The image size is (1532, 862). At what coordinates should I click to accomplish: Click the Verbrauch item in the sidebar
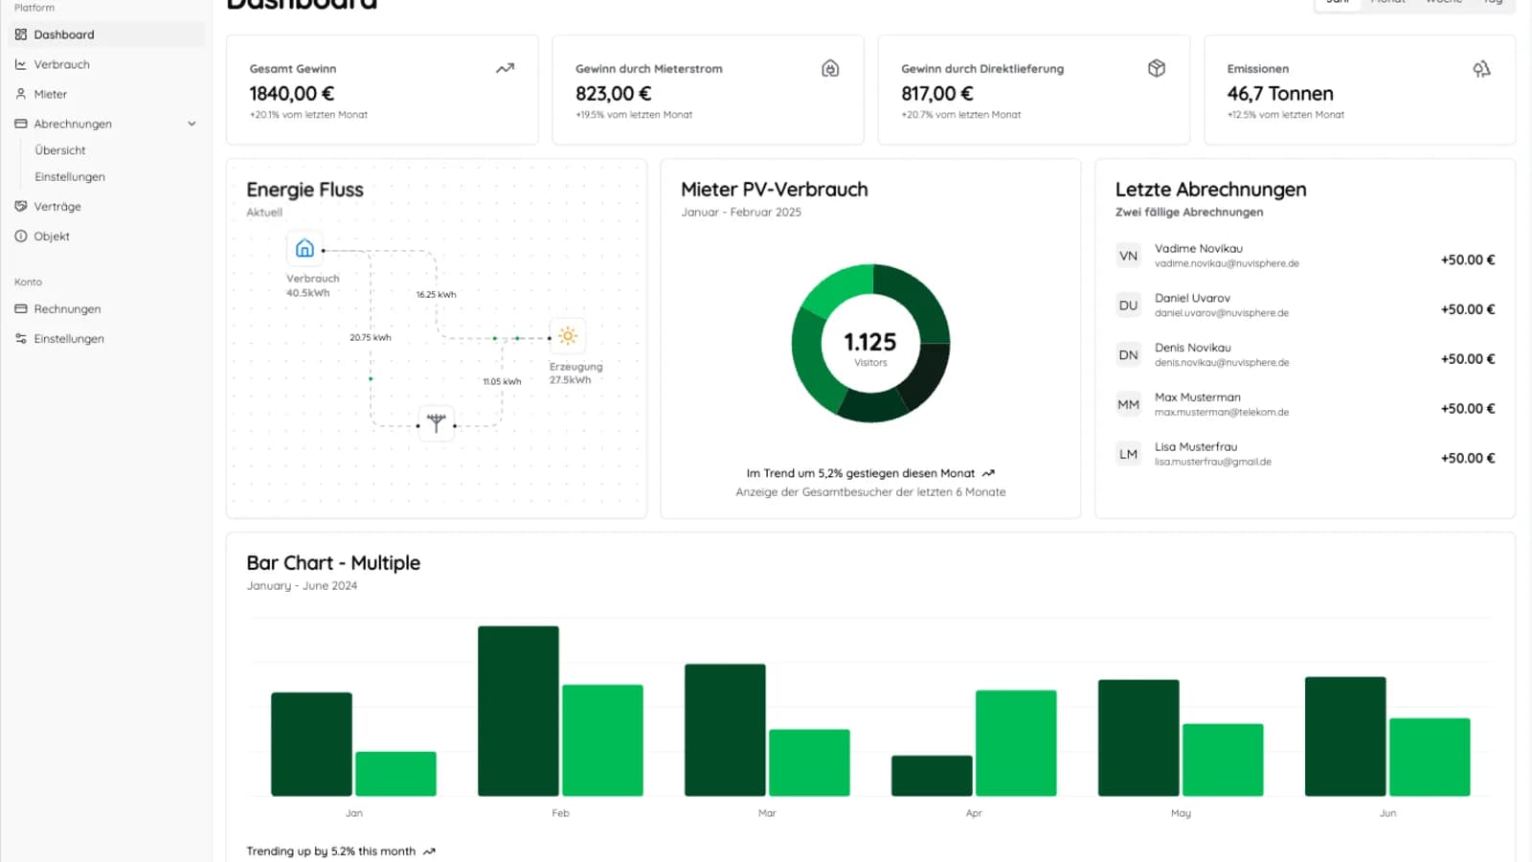coord(61,64)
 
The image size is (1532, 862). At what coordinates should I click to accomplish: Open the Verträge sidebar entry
coord(56,206)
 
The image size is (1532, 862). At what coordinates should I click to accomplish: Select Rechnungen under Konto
coord(67,308)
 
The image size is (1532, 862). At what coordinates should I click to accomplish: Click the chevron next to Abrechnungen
coord(191,124)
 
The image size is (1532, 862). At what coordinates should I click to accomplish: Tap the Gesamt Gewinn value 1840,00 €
coord(291,93)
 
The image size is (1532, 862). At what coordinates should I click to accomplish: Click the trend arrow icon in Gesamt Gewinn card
coord(505,68)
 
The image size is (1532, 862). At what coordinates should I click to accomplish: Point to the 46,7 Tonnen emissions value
coord(1279,93)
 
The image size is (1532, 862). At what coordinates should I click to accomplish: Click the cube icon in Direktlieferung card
coord(1156,68)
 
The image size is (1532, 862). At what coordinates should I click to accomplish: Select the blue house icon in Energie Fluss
coord(304,248)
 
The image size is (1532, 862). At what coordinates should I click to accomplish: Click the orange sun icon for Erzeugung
coord(568,335)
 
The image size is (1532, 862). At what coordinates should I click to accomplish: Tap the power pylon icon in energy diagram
coord(436,422)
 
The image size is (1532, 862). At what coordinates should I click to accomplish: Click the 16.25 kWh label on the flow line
coord(436,295)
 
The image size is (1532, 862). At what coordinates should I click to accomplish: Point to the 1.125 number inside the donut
coord(869,342)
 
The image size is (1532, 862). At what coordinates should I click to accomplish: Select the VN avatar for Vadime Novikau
coord(1128,256)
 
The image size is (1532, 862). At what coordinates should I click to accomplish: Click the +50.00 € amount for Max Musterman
coord(1467,408)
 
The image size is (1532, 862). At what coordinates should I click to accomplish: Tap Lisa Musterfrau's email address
coord(1212,462)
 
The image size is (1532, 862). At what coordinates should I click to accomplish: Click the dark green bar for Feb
coord(518,711)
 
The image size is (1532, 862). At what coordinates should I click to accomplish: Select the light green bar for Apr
coord(1015,742)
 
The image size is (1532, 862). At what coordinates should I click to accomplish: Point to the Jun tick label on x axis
coord(1387,813)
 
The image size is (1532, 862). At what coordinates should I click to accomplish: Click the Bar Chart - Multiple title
coord(333,563)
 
